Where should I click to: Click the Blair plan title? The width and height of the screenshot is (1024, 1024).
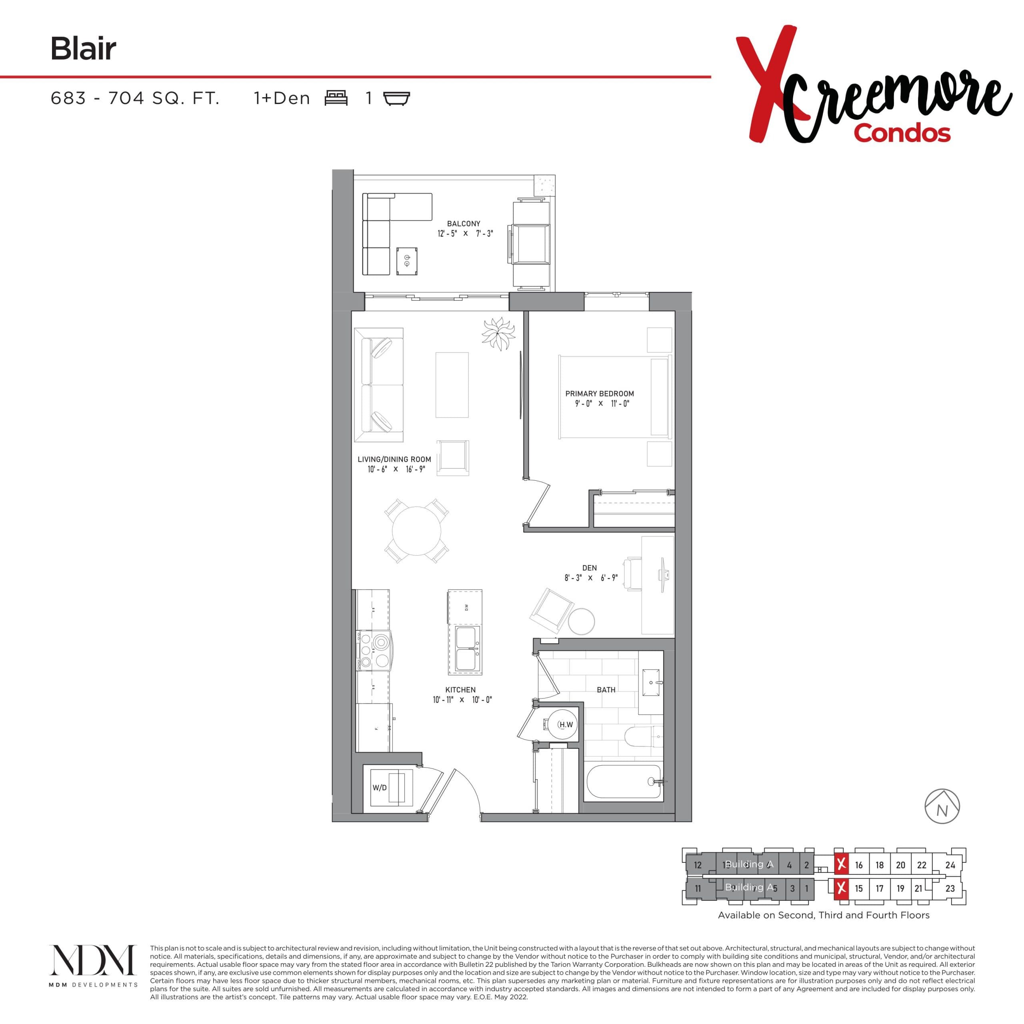(83, 49)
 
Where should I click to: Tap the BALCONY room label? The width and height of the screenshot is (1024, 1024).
(463, 224)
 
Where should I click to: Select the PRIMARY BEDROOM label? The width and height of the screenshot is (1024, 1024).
(600, 394)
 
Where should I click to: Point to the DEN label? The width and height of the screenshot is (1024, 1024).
(589, 568)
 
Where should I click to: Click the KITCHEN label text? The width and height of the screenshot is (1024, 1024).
(460, 690)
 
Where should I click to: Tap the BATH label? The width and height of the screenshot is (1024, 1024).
(606, 690)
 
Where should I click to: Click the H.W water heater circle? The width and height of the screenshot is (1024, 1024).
(563, 724)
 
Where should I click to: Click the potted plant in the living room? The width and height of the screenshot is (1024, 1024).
(498, 333)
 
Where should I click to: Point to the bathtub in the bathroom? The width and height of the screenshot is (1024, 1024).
(624, 781)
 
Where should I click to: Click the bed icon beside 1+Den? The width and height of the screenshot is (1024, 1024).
(336, 98)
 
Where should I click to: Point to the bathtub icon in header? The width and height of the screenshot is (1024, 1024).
(396, 98)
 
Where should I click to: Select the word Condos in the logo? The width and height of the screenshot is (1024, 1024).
(902, 133)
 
